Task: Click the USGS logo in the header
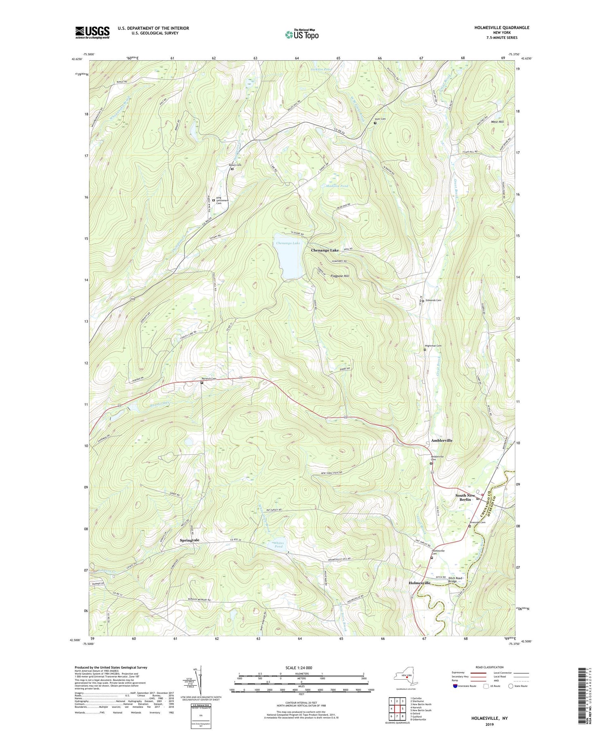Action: coord(92,32)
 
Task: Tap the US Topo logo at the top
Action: coord(302,35)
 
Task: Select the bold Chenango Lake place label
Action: coord(325,250)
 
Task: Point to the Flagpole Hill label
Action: coord(340,276)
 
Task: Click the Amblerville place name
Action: coord(441,440)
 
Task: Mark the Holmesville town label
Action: coord(422,583)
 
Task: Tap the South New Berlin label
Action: coord(465,497)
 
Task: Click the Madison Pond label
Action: coord(337,186)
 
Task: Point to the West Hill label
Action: coord(497,122)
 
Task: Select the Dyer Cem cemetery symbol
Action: coord(375,123)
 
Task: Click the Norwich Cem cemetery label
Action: coord(209,378)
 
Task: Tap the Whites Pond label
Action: coord(278,545)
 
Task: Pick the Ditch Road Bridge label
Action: coord(455,580)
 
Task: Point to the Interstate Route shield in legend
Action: coord(455,686)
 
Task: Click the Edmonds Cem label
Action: coord(433,300)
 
